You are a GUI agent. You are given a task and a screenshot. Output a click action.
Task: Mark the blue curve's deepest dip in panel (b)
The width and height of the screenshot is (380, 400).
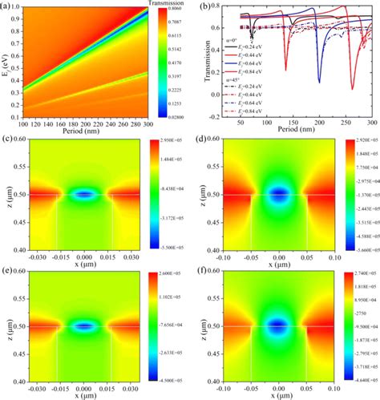318,82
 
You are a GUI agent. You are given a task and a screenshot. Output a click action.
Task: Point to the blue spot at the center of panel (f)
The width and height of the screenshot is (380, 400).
279,325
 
